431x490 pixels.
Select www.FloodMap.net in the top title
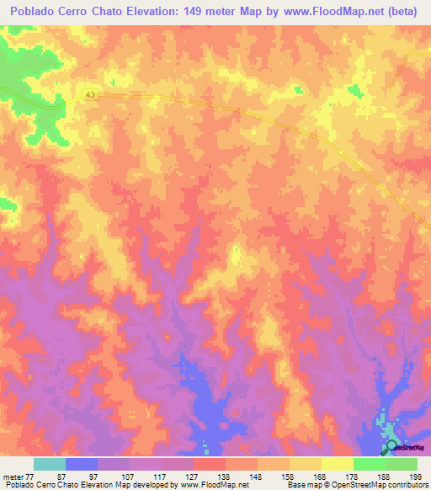point(332,12)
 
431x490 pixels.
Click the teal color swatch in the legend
point(50,464)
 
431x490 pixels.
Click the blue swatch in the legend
point(82,464)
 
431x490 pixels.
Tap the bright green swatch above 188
point(370,464)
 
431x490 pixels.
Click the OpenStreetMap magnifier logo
point(391,447)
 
